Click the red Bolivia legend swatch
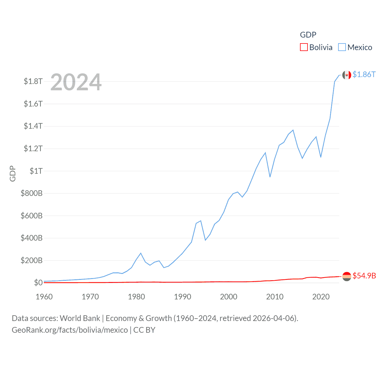point(304,47)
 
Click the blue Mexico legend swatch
point(342,47)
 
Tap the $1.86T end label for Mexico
point(364,74)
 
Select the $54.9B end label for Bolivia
point(364,276)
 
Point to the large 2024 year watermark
point(76,82)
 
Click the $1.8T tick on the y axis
point(33,81)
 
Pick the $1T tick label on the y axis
point(36,171)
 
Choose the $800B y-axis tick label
point(31,193)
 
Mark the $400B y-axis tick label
point(31,238)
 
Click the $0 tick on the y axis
point(38,283)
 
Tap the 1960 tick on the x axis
point(44,297)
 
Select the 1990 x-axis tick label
point(182,297)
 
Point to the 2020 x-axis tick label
point(321,297)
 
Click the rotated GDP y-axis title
point(13,173)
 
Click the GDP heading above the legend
point(308,35)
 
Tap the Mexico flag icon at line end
point(347,75)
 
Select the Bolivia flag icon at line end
point(347,276)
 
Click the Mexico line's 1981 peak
point(141,253)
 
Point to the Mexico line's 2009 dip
point(270,177)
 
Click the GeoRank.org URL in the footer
point(70,330)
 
